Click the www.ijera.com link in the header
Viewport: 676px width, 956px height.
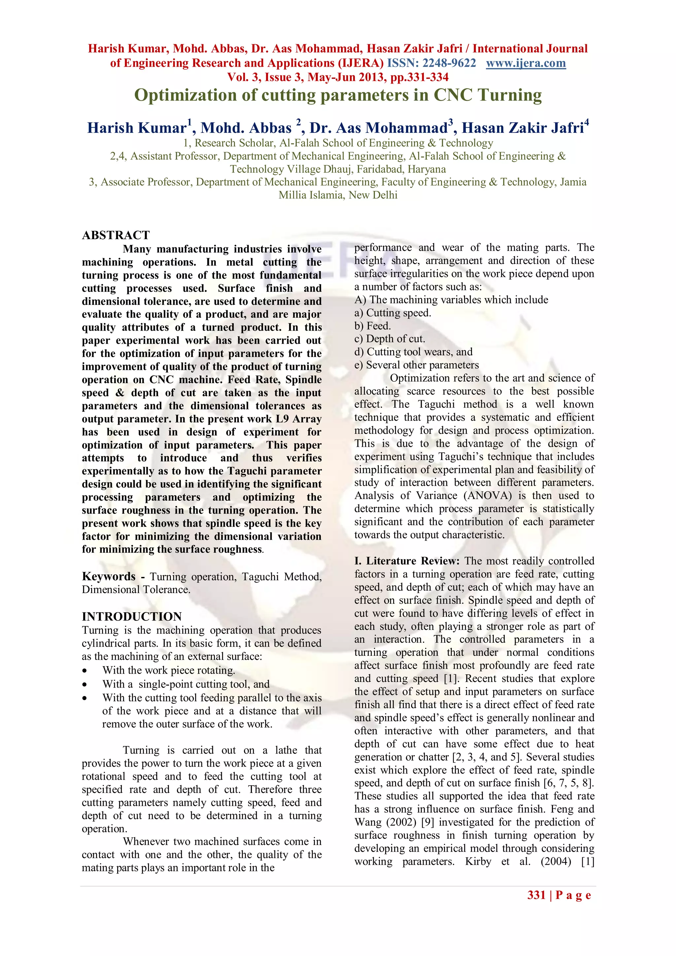(x=526, y=63)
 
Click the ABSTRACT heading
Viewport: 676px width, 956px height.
(x=116, y=235)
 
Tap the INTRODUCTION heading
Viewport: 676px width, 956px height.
(x=132, y=617)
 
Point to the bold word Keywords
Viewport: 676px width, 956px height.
(x=109, y=576)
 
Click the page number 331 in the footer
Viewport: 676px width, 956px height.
(x=536, y=895)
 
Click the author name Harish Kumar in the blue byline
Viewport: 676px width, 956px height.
(x=137, y=128)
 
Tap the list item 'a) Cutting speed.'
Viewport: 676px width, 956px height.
(x=392, y=313)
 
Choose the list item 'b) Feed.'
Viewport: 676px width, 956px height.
(x=373, y=326)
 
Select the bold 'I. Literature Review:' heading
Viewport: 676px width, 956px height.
(x=407, y=561)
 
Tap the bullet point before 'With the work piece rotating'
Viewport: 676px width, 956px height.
(x=85, y=671)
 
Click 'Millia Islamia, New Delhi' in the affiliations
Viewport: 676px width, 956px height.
(x=338, y=195)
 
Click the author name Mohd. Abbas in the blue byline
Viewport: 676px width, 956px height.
(x=246, y=128)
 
